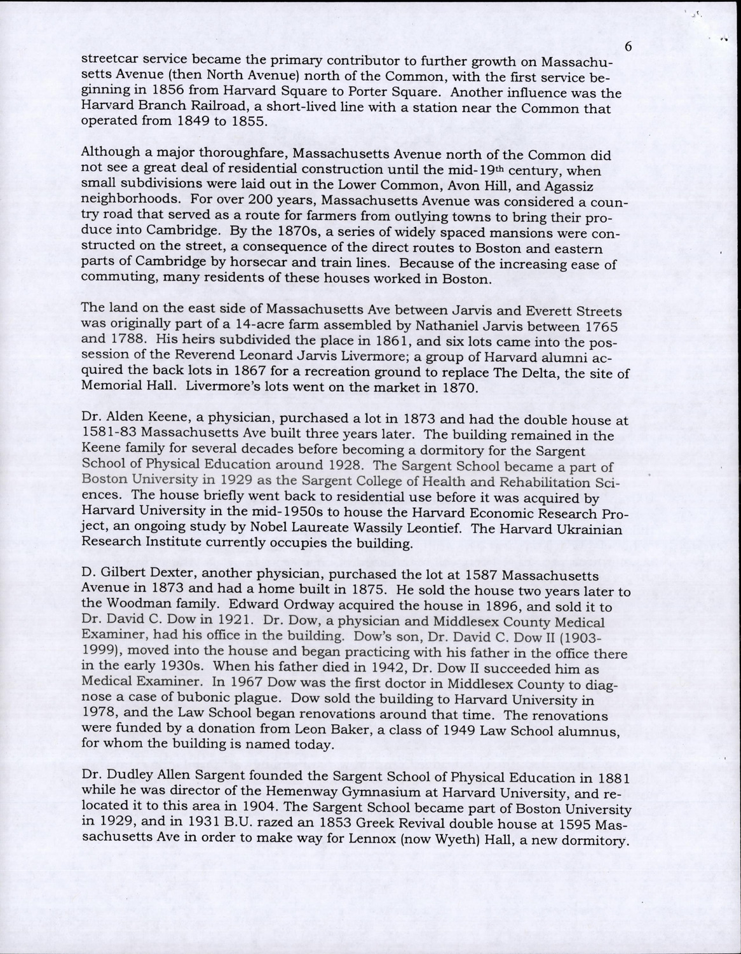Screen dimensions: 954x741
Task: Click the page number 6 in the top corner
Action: [x=629, y=46]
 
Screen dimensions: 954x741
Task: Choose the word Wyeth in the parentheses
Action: [x=480, y=841]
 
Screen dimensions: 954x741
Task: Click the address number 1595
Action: [x=559, y=826]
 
